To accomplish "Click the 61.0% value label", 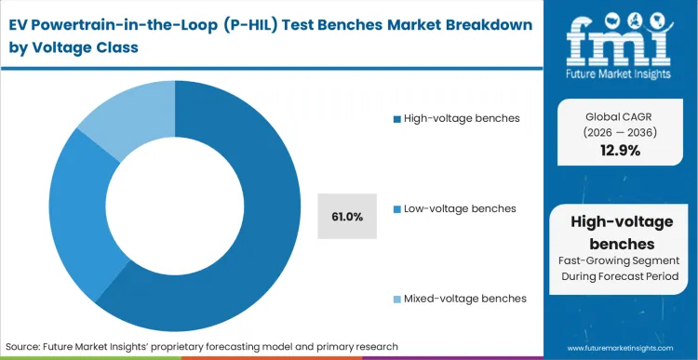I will tap(347, 217).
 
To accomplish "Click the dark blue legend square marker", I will tap(397, 118).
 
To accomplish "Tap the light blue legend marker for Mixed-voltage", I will tap(397, 299).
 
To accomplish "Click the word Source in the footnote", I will tap(28, 346).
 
